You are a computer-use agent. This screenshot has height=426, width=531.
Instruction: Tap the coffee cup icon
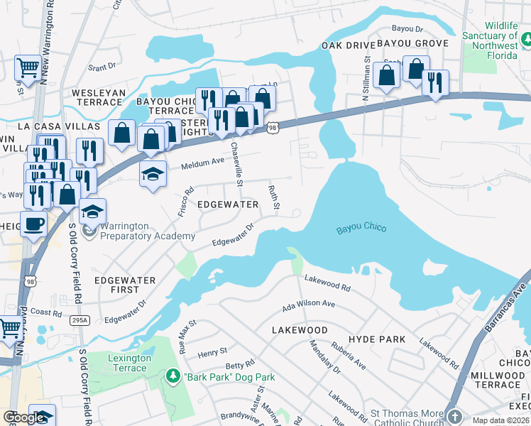(x=33, y=225)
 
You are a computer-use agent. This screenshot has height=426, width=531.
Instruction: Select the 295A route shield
(x=80, y=320)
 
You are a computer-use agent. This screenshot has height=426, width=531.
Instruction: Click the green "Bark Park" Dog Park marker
(x=171, y=374)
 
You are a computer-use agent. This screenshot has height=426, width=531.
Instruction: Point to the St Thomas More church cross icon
(x=452, y=414)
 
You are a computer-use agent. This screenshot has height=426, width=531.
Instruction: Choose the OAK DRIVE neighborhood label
(x=346, y=45)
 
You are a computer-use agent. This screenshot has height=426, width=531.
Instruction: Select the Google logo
(x=25, y=417)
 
